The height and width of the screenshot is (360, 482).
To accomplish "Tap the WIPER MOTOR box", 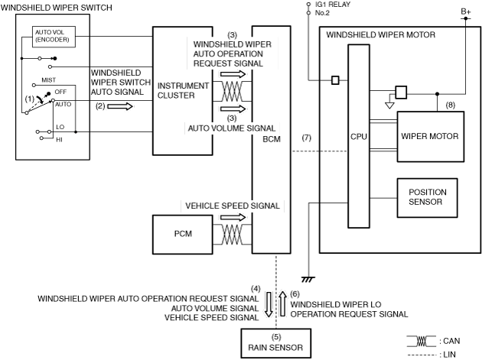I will coord(429,137).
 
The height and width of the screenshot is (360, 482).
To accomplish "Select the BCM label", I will coord(272,140).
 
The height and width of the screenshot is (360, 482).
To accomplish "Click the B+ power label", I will coord(465,11).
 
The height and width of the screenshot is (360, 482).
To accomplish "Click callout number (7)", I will coord(306,138).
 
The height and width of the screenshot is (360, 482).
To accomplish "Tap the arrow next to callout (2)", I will coord(119,106).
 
